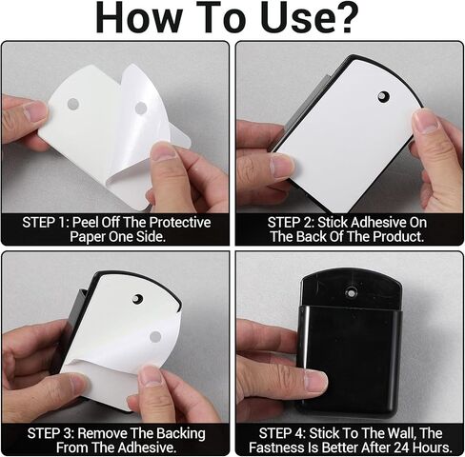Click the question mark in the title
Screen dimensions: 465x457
tap(344, 17)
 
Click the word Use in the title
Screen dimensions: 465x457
tap(293, 17)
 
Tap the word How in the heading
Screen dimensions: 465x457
tap(139, 17)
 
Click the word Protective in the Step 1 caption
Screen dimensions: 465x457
tap(179, 222)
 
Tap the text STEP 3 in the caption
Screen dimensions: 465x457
tap(51, 433)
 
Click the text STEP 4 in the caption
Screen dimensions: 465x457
tap(282, 433)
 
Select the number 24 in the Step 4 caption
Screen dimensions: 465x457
tap(401, 447)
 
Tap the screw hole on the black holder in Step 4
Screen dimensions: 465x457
tap(351, 292)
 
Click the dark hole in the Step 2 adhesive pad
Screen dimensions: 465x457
tap(384, 96)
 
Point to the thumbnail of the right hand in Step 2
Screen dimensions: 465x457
tap(425, 122)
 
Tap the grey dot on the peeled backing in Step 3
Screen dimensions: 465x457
tap(155, 337)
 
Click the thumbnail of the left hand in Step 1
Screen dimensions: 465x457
tap(34, 111)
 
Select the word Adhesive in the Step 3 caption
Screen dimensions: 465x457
tap(147, 447)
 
